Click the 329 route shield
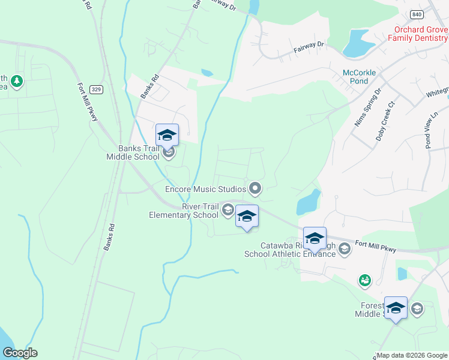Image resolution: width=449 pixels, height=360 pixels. [95, 89]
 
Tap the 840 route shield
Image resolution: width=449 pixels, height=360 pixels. [416, 14]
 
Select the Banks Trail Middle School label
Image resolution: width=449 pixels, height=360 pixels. [133, 153]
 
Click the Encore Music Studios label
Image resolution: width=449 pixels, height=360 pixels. [206, 189]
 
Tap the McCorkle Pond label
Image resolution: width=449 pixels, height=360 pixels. [359, 77]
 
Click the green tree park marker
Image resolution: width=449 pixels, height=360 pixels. [17, 81]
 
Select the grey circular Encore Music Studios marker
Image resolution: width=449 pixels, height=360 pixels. [255, 189]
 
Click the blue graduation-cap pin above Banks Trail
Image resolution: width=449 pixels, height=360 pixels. [167, 135]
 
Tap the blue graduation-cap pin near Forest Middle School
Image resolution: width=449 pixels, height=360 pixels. [396, 308]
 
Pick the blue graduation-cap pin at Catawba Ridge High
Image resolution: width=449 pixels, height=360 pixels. [315, 238]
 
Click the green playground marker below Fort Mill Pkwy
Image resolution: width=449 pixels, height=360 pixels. [364, 280]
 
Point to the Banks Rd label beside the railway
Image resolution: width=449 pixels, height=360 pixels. [109, 237]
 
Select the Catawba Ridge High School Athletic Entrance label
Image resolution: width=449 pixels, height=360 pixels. [290, 249]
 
